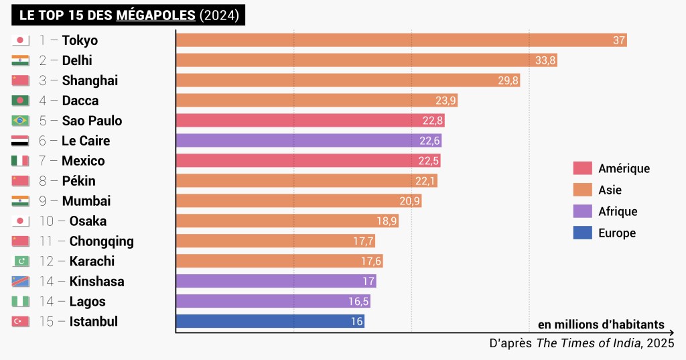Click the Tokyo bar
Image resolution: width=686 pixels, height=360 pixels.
401,40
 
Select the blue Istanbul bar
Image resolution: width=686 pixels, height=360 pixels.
270,322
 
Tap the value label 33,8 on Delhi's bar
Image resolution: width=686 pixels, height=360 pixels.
545,60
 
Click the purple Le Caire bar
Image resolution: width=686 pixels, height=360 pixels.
308,141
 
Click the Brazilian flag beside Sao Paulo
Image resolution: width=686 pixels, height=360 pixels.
21,121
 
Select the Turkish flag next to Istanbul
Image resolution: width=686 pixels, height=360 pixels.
21,322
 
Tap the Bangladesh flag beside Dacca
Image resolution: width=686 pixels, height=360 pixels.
21,101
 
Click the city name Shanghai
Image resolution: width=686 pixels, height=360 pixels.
90,80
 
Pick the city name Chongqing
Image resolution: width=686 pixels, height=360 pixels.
101,241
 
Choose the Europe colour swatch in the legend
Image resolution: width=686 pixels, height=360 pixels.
583,233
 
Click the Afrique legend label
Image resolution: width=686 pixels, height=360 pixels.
618,211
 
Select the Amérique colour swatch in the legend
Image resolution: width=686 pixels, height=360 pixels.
583,168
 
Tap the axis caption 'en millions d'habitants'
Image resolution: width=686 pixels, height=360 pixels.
601,325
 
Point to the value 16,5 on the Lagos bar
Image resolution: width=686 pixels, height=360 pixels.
358,302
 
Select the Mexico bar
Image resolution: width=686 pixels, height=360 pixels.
307,161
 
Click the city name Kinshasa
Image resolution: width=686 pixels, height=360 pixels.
96,282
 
